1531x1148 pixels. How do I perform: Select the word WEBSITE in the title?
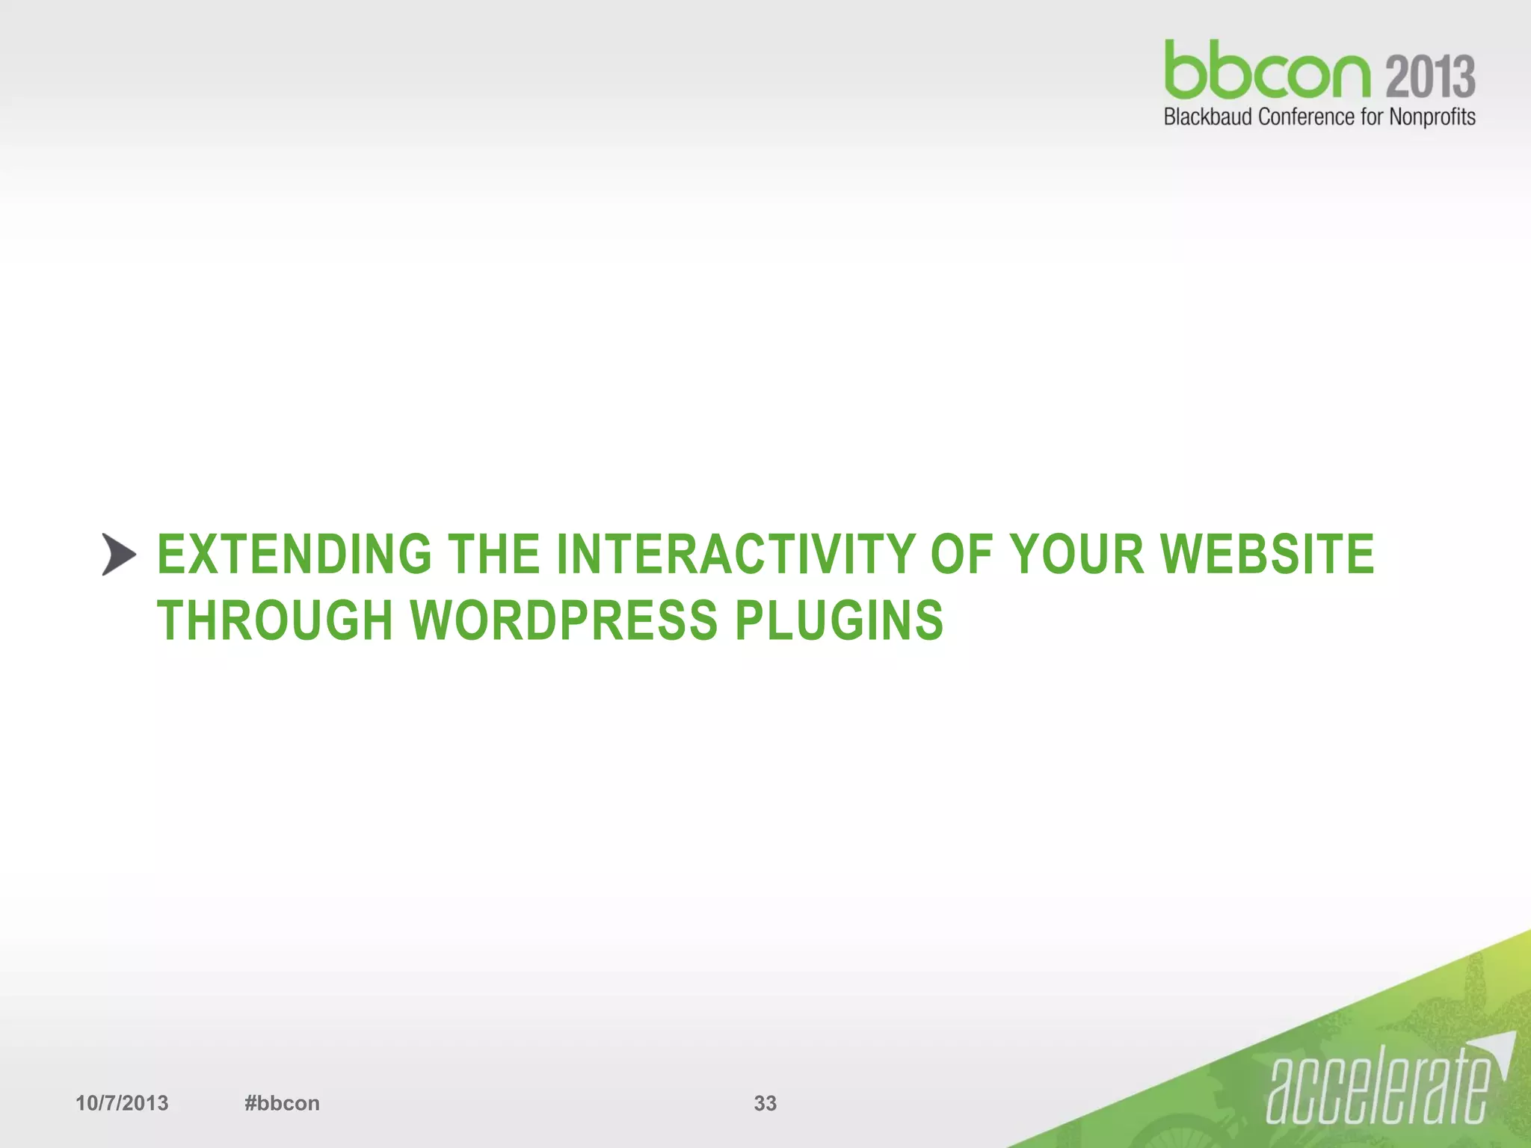click(1267, 555)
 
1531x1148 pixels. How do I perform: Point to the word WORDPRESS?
click(564, 620)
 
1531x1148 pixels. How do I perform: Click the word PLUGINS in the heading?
click(839, 620)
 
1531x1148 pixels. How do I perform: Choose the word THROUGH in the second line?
click(275, 620)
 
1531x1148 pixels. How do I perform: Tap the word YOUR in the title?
click(1076, 555)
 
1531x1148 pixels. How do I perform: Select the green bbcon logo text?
click(1267, 71)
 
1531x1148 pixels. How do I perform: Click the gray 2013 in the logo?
click(1431, 77)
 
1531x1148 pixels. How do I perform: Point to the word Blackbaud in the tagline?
click(1209, 117)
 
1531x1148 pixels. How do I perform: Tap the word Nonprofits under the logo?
click(1432, 117)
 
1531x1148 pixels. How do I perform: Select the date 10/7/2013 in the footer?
click(122, 1103)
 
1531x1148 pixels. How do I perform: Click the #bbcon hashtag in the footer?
click(282, 1103)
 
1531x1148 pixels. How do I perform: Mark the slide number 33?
click(765, 1103)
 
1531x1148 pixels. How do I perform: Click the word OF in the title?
click(961, 555)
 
